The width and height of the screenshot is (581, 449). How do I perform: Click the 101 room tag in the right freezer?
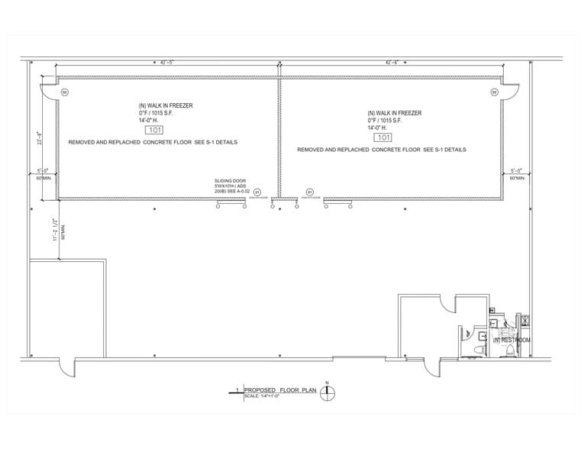(382, 137)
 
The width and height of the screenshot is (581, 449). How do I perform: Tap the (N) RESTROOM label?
(512, 340)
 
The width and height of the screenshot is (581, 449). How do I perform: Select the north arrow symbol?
(328, 393)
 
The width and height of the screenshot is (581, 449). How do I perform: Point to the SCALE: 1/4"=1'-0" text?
(262, 396)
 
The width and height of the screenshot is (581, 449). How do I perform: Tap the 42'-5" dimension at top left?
(167, 63)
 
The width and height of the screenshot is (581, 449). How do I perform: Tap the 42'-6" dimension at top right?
(392, 63)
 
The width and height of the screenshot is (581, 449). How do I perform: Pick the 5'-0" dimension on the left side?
(43, 170)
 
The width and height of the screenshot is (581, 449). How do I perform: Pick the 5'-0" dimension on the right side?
(517, 170)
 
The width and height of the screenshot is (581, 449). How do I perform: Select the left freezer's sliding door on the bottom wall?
(231, 202)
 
